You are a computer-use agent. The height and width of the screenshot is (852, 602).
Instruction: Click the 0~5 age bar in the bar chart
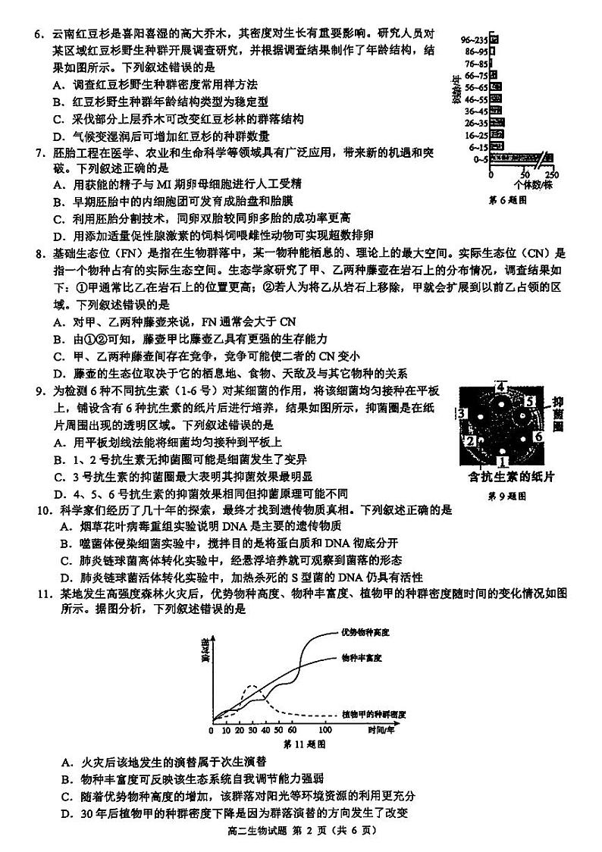point(516,158)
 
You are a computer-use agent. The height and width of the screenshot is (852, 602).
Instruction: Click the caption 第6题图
point(507,200)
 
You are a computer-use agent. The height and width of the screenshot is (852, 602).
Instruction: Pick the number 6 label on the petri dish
point(539,437)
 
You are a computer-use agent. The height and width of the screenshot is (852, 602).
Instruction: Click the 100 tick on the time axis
point(325,729)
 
